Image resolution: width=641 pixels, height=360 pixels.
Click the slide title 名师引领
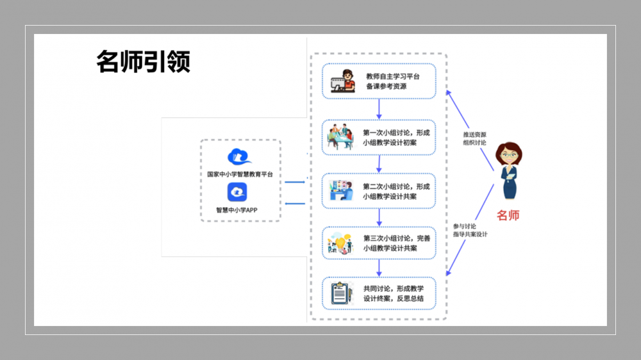(143, 62)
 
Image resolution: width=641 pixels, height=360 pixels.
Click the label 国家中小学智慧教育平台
(240, 174)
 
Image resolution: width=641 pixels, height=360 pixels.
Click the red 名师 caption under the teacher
(508, 215)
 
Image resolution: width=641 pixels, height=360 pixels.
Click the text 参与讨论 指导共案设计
(470, 230)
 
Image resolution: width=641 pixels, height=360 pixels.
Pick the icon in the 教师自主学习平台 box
(342, 82)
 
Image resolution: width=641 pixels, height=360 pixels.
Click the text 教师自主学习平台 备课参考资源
(392, 81)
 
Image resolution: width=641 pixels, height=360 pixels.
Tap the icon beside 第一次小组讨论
(341, 137)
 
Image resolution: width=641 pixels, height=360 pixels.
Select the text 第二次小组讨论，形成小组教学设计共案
(396, 192)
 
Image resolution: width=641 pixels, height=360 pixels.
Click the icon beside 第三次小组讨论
(341, 243)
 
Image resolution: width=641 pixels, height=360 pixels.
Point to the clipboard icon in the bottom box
(341, 293)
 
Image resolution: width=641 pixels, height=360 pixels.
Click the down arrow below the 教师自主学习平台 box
(379, 108)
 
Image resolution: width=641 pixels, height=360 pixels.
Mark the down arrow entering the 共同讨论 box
(379, 268)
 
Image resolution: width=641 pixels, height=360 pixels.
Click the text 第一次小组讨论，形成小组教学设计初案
(396, 138)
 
